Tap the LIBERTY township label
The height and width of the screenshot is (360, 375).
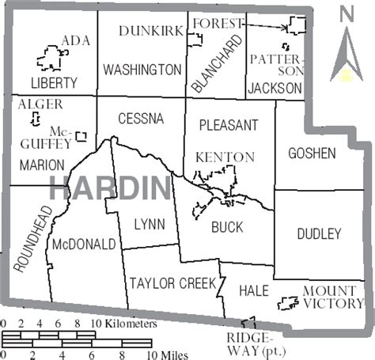tap(54, 82)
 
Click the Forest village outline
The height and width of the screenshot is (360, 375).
tap(297, 25)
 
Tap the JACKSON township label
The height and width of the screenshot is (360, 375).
tap(275, 88)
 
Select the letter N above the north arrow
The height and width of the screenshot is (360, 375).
tap(345, 13)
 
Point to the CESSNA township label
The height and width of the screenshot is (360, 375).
tap(140, 119)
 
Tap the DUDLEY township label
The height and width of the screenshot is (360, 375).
tap(319, 233)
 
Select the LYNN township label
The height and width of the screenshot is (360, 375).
tap(149, 225)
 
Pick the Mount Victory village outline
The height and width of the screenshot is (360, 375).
tap(286, 302)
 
